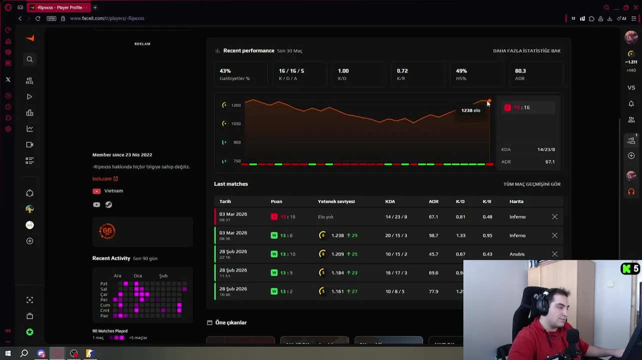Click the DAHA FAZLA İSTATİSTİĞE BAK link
(526, 50)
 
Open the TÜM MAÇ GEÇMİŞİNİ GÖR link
(531, 184)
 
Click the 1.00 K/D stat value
(343, 71)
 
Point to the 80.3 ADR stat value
(520, 71)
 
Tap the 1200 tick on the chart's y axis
(236, 105)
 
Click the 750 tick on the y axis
(237, 161)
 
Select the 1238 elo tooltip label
(470, 110)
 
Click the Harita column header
(516, 201)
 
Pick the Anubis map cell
(517, 254)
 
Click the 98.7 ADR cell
(433, 235)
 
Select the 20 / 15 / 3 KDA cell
(396, 235)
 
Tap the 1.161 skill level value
(337, 291)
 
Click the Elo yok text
(325, 217)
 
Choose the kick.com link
(102, 178)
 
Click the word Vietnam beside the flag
(114, 191)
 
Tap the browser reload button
(38, 18)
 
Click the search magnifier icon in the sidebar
(30, 59)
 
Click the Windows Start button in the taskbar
(8, 353)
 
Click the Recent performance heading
(249, 50)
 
